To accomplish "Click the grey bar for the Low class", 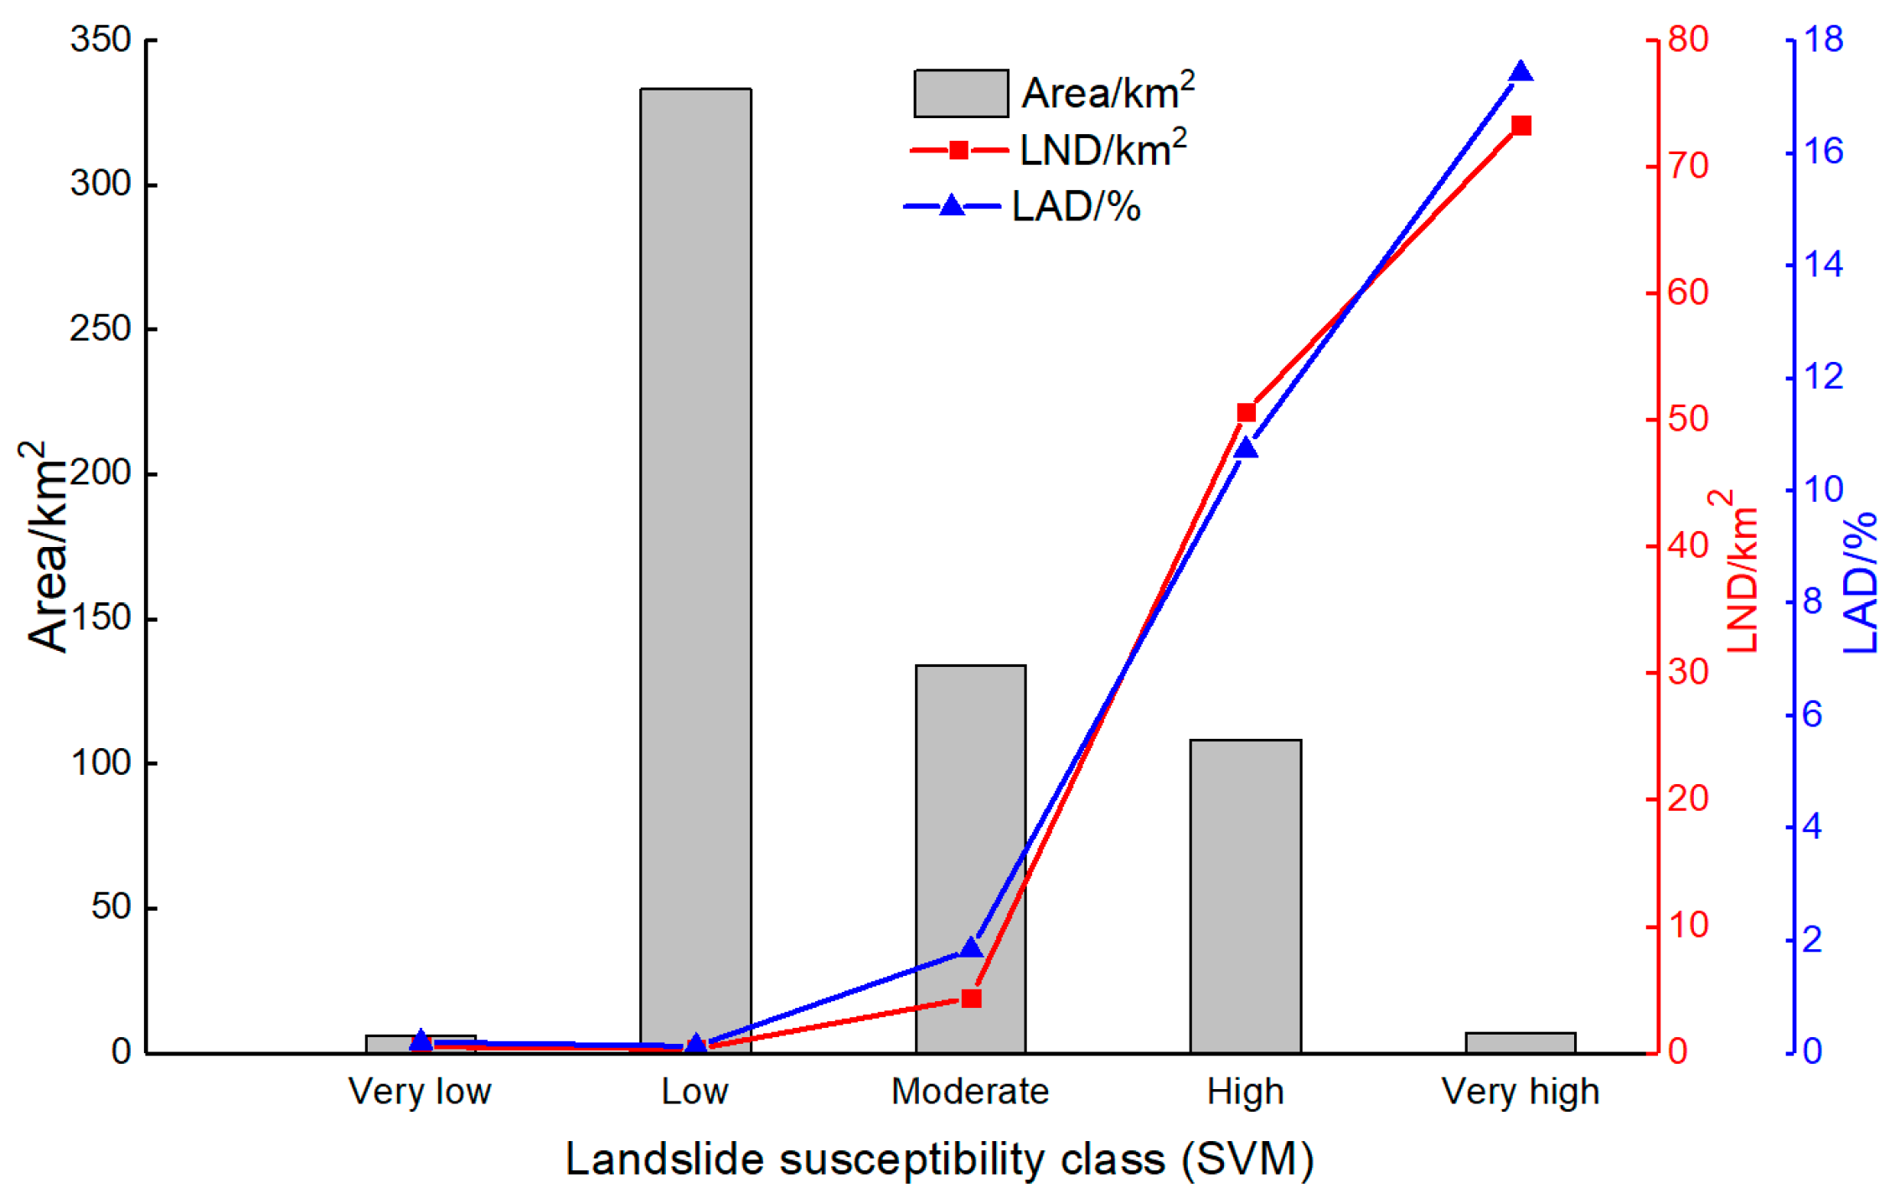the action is (695, 570).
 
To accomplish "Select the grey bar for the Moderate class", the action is (970, 858).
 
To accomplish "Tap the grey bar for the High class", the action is (1246, 896).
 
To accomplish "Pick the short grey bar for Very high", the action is (1521, 1042).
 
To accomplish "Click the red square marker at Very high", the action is (1521, 126).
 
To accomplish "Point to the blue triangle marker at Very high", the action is (1521, 72).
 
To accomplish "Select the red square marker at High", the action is (1247, 412).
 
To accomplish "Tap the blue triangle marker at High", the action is (1247, 448).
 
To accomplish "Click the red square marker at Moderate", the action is (971, 998).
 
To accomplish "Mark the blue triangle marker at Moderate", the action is (971, 948).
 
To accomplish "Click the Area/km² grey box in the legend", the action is (961, 93).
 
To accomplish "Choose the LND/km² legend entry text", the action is (1103, 149).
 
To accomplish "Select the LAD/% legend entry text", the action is (1077, 206).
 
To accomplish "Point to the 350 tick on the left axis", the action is (101, 39).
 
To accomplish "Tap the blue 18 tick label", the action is (1823, 39).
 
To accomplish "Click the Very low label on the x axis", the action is (420, 1092).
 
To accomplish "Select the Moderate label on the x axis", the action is (970, 1092).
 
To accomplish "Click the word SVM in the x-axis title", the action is (1247, 1160).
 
